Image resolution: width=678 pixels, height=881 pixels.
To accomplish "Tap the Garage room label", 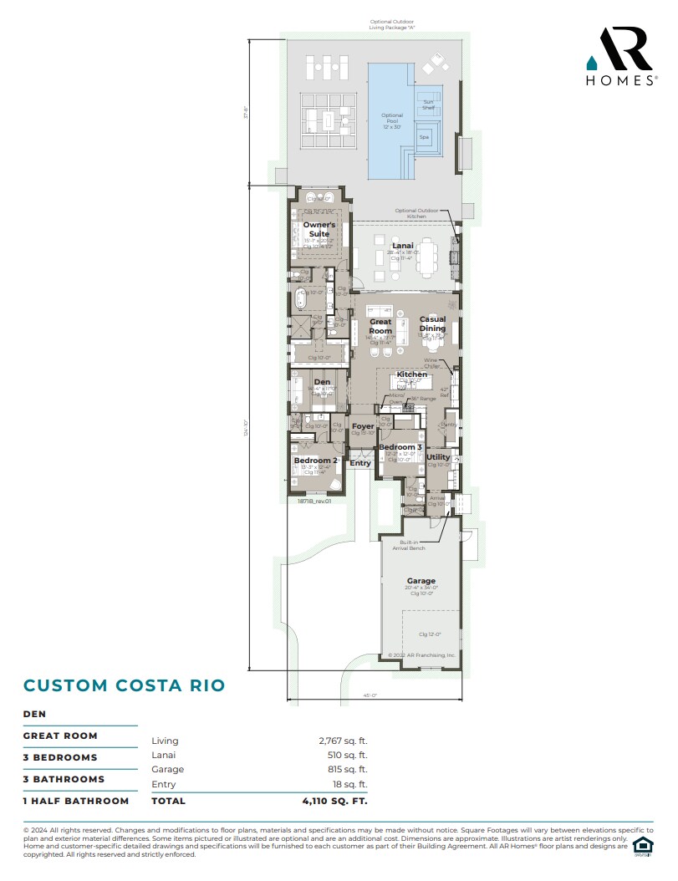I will tap(421, 581).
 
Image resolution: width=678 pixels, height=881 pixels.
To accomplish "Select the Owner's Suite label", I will tap(319, 229).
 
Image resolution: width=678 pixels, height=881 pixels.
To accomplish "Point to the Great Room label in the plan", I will tap(380, 326).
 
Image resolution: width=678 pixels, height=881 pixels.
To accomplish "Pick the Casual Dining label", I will tap(432, 323).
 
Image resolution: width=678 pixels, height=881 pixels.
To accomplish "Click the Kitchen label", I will tap(412, 374).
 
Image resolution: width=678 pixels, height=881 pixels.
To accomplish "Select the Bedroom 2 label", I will tap(315, 461).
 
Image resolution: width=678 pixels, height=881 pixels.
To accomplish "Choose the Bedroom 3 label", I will tap(400, 447).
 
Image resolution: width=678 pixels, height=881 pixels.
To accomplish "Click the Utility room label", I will tap(438, 457).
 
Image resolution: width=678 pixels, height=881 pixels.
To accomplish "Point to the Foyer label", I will tap(363, 426).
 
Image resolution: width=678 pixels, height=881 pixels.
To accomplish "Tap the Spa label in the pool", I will tap(424, 136).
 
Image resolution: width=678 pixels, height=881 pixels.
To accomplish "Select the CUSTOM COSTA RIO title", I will tap(124, 685).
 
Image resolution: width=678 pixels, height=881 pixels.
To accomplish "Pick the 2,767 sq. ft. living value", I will tap(343, 741).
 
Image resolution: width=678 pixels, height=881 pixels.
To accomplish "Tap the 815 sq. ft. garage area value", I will tap(346, 769).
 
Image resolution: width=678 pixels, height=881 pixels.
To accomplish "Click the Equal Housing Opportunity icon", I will tap(642, 846).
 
